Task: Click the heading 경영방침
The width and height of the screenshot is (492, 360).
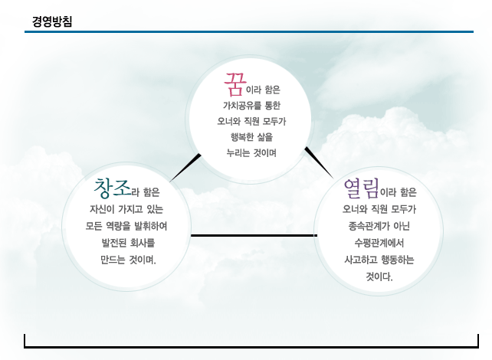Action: click(x=52, y=21)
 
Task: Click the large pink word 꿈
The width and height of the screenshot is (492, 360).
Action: click(x=235, y=84)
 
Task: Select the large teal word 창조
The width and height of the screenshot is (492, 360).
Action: click(x=112, y=188)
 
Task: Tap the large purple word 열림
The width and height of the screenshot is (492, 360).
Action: click(x=361, y=188)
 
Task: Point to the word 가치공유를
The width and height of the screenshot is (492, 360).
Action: click(x=241, y=106)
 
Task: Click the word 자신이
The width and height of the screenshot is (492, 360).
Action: click(x=100, y=209)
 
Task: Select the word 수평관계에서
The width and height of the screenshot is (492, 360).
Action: click(x=379, y=243)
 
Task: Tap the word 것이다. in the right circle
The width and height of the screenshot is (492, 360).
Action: click(x=379, y=277)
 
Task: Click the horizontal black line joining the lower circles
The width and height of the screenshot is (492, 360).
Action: click(x=254, y=235)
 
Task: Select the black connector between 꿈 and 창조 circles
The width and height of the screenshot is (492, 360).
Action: click(x=185, y=168)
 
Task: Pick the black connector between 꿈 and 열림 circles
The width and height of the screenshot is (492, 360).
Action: click(x=319, y=162)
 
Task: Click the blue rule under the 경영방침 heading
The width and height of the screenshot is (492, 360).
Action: click(x=249, y=31)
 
